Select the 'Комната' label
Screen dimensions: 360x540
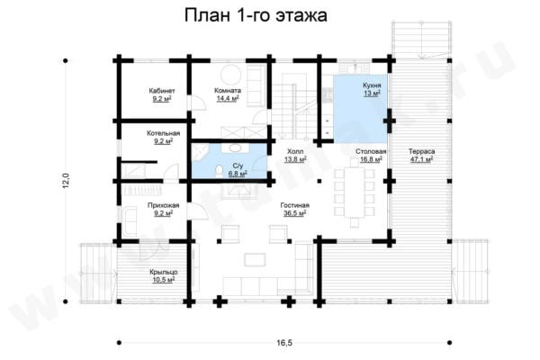click(x=227, y=91)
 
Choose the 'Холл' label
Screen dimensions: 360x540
click(x=294, y=151)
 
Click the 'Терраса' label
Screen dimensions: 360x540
click(x=419, y=151)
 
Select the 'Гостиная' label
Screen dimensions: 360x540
click(x=294, y=205)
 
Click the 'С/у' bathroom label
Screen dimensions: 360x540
click(x=237, y=166)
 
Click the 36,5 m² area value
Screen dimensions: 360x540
click(x=295, y=213)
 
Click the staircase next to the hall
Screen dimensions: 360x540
click(x=287, y=104)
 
